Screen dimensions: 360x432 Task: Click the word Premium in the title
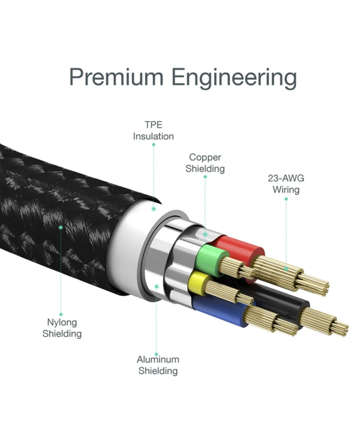(116, 77)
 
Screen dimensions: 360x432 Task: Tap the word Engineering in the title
(235, 79)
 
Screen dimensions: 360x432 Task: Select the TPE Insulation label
(154, 130)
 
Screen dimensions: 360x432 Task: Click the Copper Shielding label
(205, 163)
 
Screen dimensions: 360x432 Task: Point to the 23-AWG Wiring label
(286, 184)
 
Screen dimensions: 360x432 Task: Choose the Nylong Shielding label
(62, 328)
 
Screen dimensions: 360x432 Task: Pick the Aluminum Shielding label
(158, 365)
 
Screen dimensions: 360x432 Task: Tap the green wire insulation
(210, 260)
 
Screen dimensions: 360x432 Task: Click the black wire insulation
(284, 303)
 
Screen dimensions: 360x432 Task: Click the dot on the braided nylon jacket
(61, 227)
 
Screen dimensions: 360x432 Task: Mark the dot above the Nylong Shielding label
(61, 314)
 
